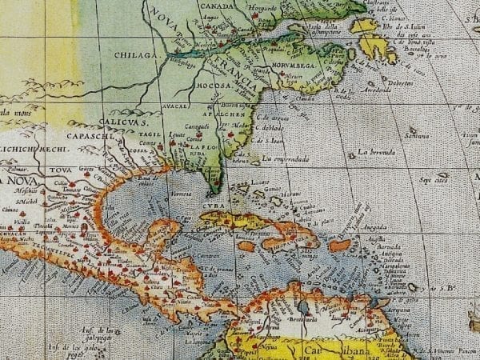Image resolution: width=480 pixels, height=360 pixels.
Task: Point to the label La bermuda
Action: click(377, 152)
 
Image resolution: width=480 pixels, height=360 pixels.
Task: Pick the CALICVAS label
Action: click(124, 122)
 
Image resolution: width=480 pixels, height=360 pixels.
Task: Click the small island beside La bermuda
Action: click(353, 154)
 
